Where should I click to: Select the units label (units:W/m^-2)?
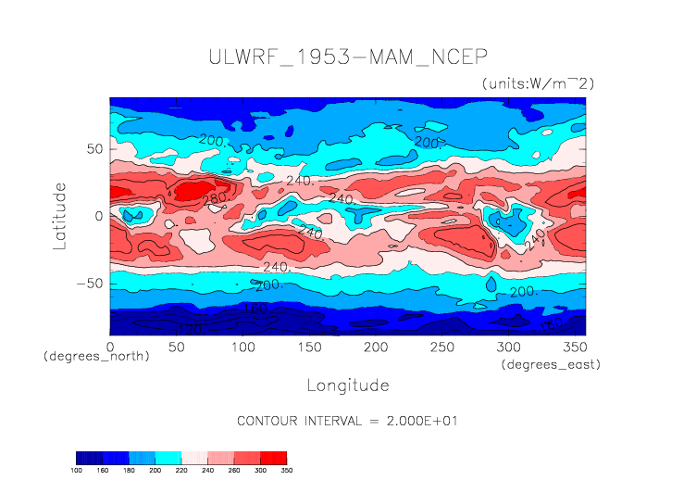[537, 83]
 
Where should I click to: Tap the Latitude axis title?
[60, 215]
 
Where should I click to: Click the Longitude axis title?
[347, 384]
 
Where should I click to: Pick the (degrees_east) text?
[551, 364]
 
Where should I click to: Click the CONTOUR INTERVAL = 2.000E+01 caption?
[347, 420]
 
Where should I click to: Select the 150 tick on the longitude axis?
[308, 347]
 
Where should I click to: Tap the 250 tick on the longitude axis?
[441, 347]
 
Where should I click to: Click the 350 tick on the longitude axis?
[573, 347]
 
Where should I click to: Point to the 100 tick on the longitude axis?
[242, 347]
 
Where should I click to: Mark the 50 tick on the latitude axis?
[93, 148]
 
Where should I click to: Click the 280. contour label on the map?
[214, 198]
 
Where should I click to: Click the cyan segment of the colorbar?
[168, 458]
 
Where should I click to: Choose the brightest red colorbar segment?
[274, 458]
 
